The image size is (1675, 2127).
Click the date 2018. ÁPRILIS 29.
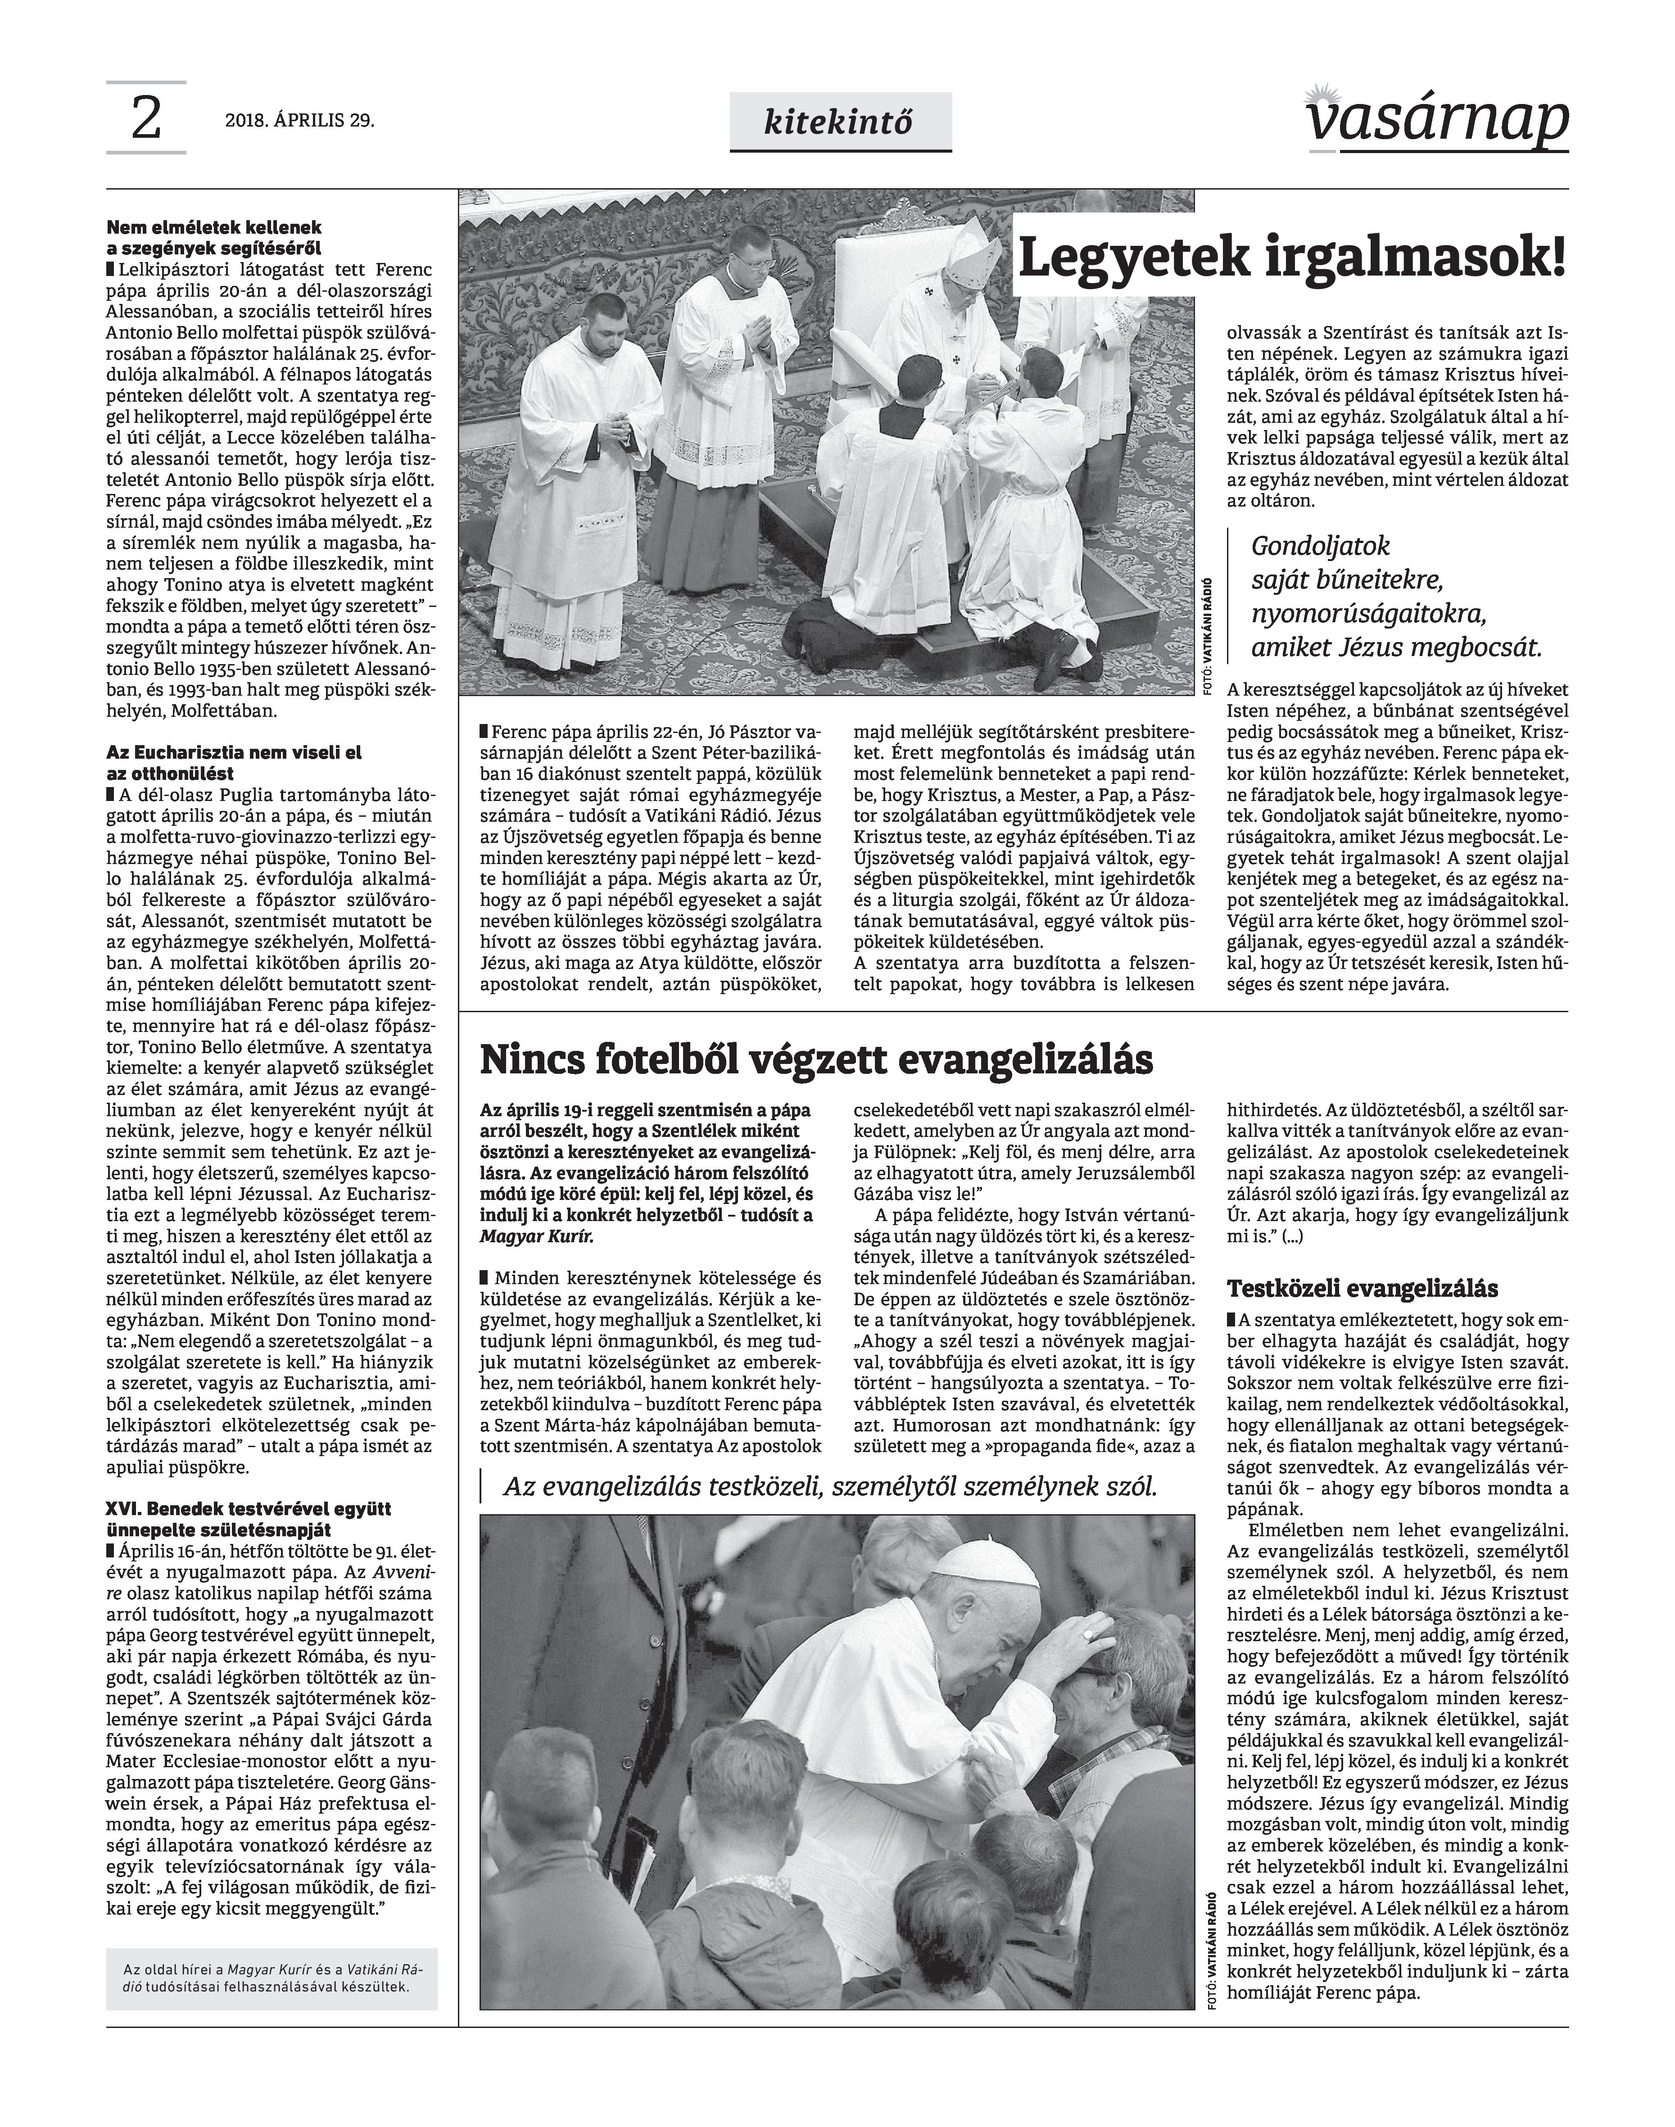click(300, 122)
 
